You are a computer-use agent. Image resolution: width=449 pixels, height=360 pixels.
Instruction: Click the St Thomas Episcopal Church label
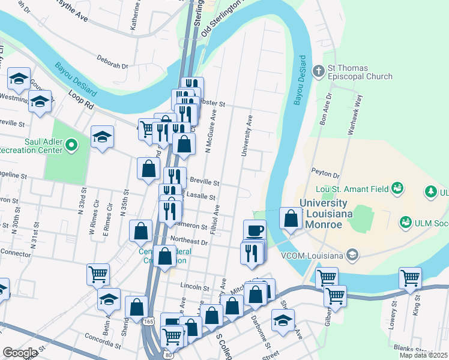[x=360, y=72]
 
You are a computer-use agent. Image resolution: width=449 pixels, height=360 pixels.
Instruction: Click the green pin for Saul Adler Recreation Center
[x=71, y=145]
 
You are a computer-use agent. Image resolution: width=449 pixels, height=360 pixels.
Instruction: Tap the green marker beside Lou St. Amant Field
[x=396, y=189]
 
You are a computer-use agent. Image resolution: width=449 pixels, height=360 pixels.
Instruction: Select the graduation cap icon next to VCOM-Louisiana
[x=353, y=255]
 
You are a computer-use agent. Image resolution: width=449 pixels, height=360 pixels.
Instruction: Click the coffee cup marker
[x=255, y=230]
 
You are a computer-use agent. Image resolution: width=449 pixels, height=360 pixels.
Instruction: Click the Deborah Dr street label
[x=113, y=62]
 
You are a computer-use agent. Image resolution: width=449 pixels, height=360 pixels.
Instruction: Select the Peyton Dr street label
[x=326, y=172]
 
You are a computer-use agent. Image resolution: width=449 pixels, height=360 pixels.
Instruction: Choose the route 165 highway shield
[x=148, y=322]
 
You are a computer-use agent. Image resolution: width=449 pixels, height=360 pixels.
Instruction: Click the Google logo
[x=20, y=353]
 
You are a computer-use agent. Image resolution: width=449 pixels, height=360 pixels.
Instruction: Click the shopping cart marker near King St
[x=410, y=278]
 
